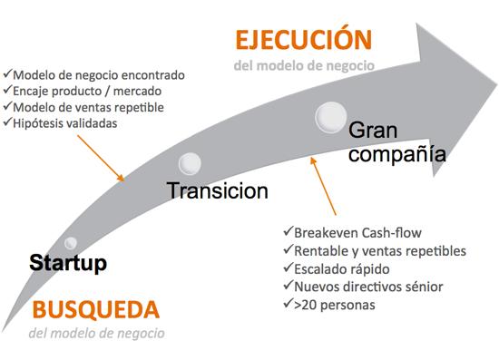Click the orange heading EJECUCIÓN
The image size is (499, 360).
pos(304,41)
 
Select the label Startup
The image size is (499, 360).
pos(68,263)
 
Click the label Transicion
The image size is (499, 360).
pos(217,190)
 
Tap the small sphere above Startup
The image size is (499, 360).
pos(71,242)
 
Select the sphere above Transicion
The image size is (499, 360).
pos(191,163)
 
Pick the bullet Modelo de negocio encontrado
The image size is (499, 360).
pos(96,74)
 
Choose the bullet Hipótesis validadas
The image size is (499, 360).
pos(64,123)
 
